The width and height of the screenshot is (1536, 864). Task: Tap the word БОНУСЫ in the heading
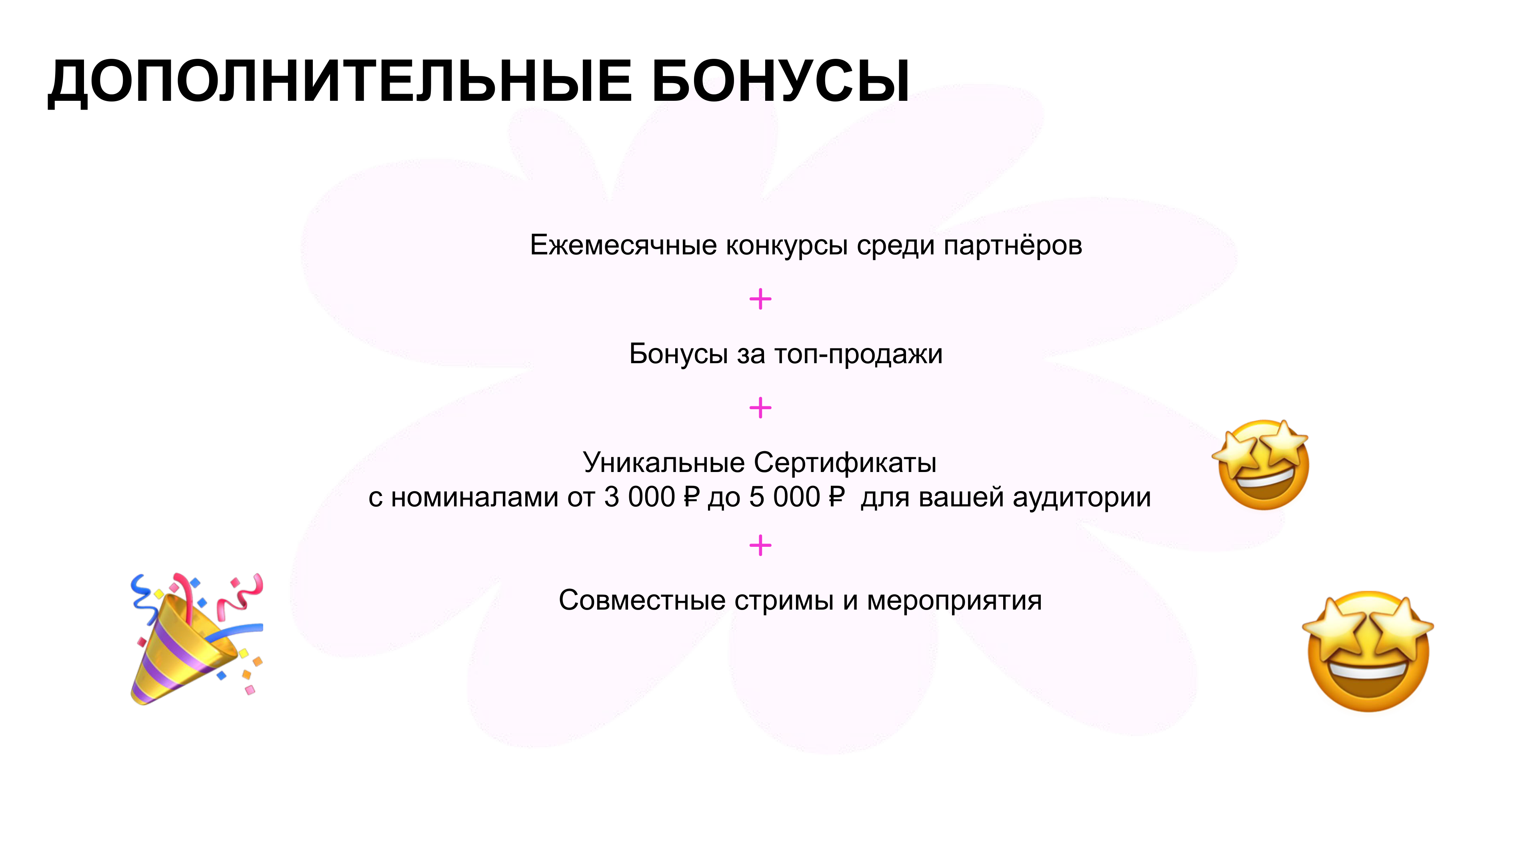pos(780,81)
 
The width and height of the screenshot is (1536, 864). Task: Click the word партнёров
pos(1012,246)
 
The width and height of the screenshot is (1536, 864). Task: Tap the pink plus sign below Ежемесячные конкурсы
pos(760,299)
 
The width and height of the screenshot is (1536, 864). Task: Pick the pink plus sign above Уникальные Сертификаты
pos(760,408)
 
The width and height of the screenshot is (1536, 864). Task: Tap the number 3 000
pos(639,497)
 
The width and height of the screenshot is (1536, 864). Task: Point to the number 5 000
pos(784,497)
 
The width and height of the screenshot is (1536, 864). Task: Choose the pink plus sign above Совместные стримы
pos(760,545)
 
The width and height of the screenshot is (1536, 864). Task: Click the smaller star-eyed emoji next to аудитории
pos(1261,464)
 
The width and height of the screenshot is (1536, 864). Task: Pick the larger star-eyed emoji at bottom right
pos(1368,651)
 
